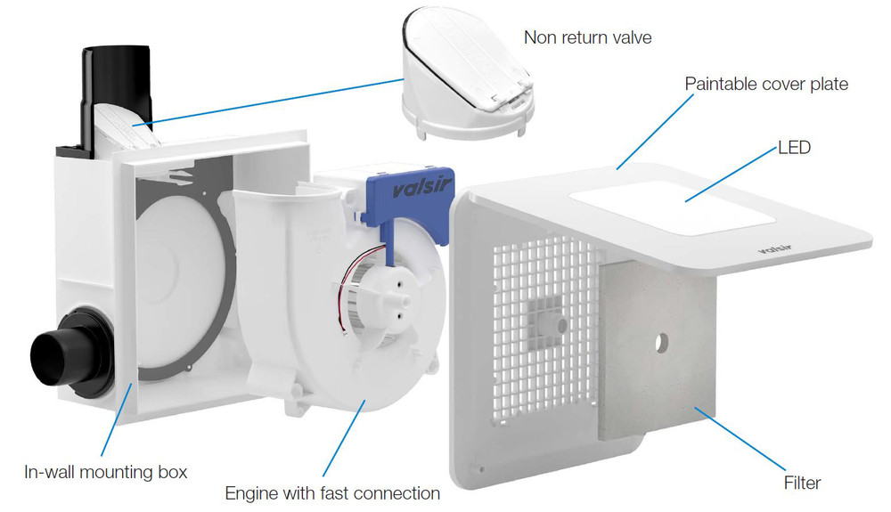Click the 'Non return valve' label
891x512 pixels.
pyautogui.click(x=587, y=37)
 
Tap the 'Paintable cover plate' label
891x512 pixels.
pyautogui.click(x=766, y=84)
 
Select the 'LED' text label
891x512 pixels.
pyautogui.click(x=794, y=147)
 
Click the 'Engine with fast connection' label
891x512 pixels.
pyautogui.click(x=332, y=492)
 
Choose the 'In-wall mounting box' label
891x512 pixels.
pyautogui.click(x=106, y=471)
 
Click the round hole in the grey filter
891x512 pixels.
pyautogui.click(x=661, y=342)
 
